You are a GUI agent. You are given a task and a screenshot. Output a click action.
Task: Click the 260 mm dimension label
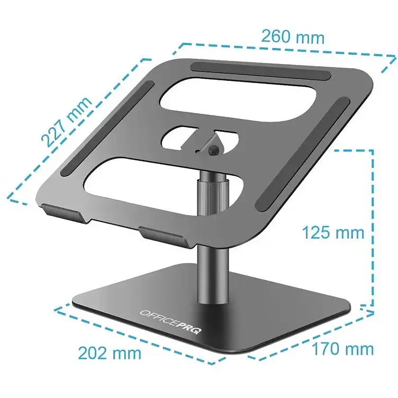(x=293, y=37)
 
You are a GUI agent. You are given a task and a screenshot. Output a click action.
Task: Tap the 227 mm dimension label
(x=67, y=122)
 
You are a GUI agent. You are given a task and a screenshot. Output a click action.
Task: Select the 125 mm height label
(x=333, y=232)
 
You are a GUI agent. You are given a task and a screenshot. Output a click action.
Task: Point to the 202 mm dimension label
(x=110, y=353)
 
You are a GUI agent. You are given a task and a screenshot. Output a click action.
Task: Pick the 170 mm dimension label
(x=342, y=349)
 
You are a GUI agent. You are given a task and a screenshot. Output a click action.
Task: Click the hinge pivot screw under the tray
(x=213, y=150)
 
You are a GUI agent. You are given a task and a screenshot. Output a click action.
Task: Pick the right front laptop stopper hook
(x=165, y=236)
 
